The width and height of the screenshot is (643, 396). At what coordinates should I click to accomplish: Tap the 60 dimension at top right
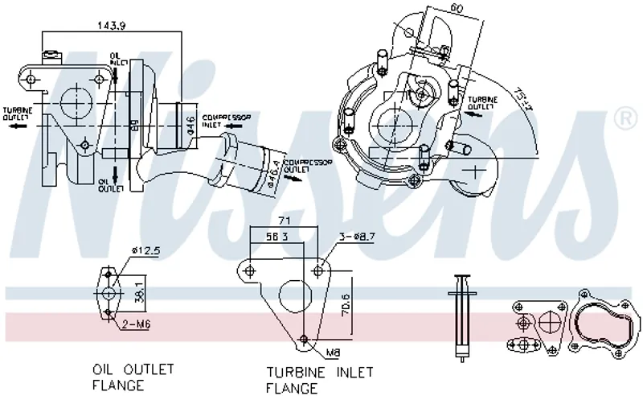(x=457, y=10)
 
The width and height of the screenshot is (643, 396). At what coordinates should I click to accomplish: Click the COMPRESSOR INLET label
(x=226, y=121)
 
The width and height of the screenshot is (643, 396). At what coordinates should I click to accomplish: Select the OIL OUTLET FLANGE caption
(x=133, y=377)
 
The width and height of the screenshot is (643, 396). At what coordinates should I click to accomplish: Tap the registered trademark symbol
(x=623, y=119)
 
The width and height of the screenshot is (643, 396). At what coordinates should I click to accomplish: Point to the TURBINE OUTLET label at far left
(x=17, y=114)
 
